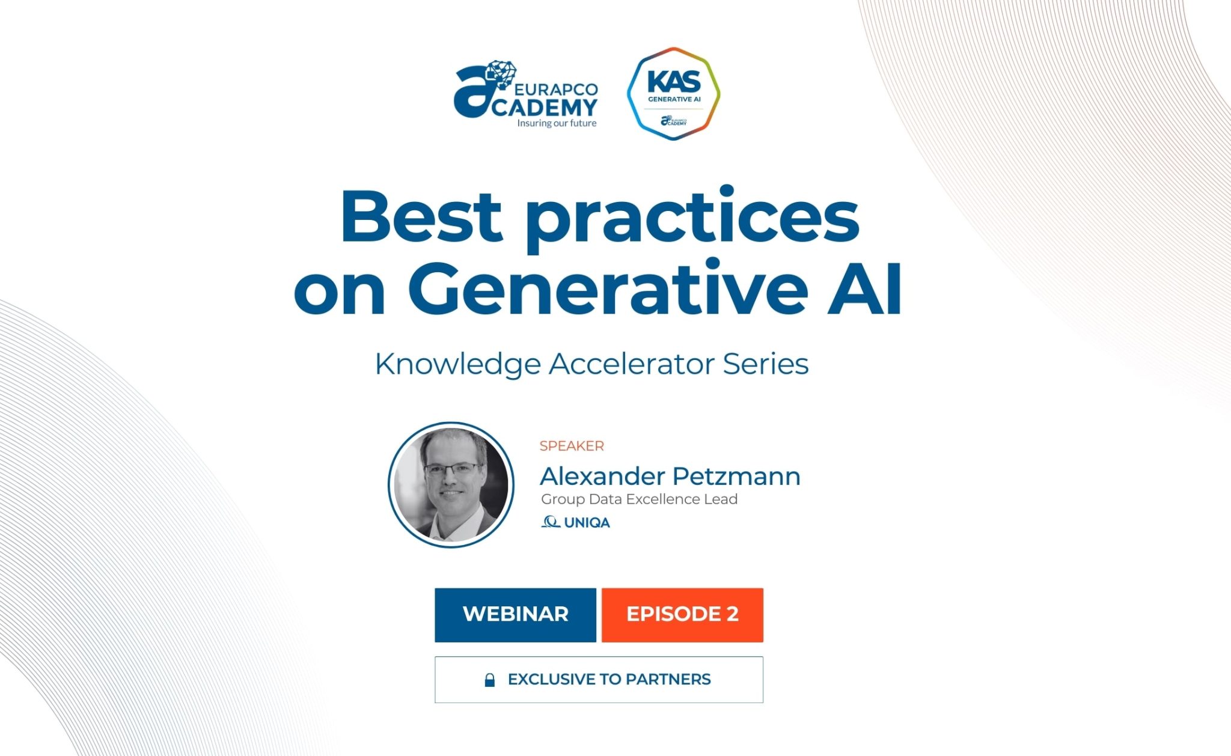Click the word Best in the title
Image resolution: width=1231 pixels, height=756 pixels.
(x=421, y=216)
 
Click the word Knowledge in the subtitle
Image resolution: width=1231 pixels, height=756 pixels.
(x=457, y=364)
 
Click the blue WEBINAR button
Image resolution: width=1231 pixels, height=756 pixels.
(x=515, y=614)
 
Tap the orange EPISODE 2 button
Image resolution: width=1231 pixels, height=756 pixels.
(x=682, y=614)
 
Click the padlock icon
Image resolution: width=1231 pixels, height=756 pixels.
(x=490, y=680)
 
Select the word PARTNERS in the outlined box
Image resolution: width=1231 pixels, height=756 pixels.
(x=668, y=679)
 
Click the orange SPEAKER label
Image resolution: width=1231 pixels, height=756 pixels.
(x=572, y=446)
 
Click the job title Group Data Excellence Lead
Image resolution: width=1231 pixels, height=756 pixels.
(x=639, y=499)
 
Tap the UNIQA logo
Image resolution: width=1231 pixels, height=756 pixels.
(x=576, y=522)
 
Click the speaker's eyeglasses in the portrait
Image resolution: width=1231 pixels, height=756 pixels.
(x=453, y=469)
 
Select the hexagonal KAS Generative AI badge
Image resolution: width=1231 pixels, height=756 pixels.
(x=673, y=94)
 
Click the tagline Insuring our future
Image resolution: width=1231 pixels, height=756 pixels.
(x=557, y=123)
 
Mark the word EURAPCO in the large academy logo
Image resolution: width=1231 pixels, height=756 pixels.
(x=557, y=90)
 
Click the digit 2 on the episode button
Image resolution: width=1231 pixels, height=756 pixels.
(x=732, y=614)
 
